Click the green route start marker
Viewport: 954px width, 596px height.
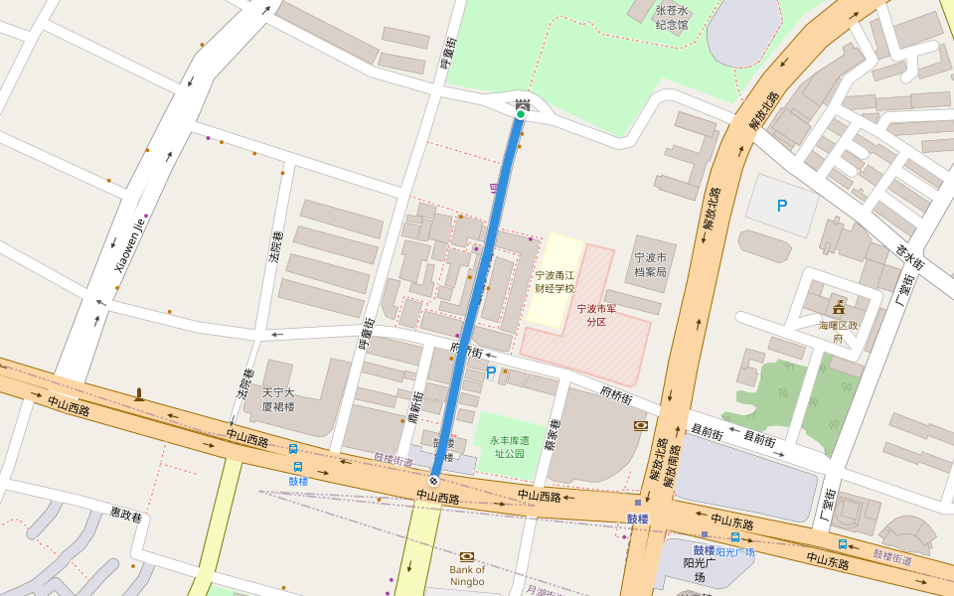[520, 114]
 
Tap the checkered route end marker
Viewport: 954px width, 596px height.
[433, 481]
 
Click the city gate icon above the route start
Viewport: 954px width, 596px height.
[522, 102]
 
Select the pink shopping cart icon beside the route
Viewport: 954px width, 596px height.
[494, 188]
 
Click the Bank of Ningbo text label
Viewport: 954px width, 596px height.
[467, 575]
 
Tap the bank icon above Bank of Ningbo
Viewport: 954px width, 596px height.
[467, 556]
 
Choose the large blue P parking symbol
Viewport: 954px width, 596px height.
[781, 206]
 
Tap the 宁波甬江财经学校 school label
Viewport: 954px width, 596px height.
[555, 282]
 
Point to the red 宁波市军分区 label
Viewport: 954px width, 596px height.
[596, 315]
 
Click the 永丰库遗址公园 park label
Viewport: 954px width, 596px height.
[509, 446]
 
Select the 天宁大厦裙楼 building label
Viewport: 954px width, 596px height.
[278, 399]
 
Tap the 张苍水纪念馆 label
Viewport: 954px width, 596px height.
[671, 18]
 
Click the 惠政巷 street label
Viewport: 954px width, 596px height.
[126, 516]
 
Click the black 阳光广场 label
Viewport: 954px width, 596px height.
[700, 569]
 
